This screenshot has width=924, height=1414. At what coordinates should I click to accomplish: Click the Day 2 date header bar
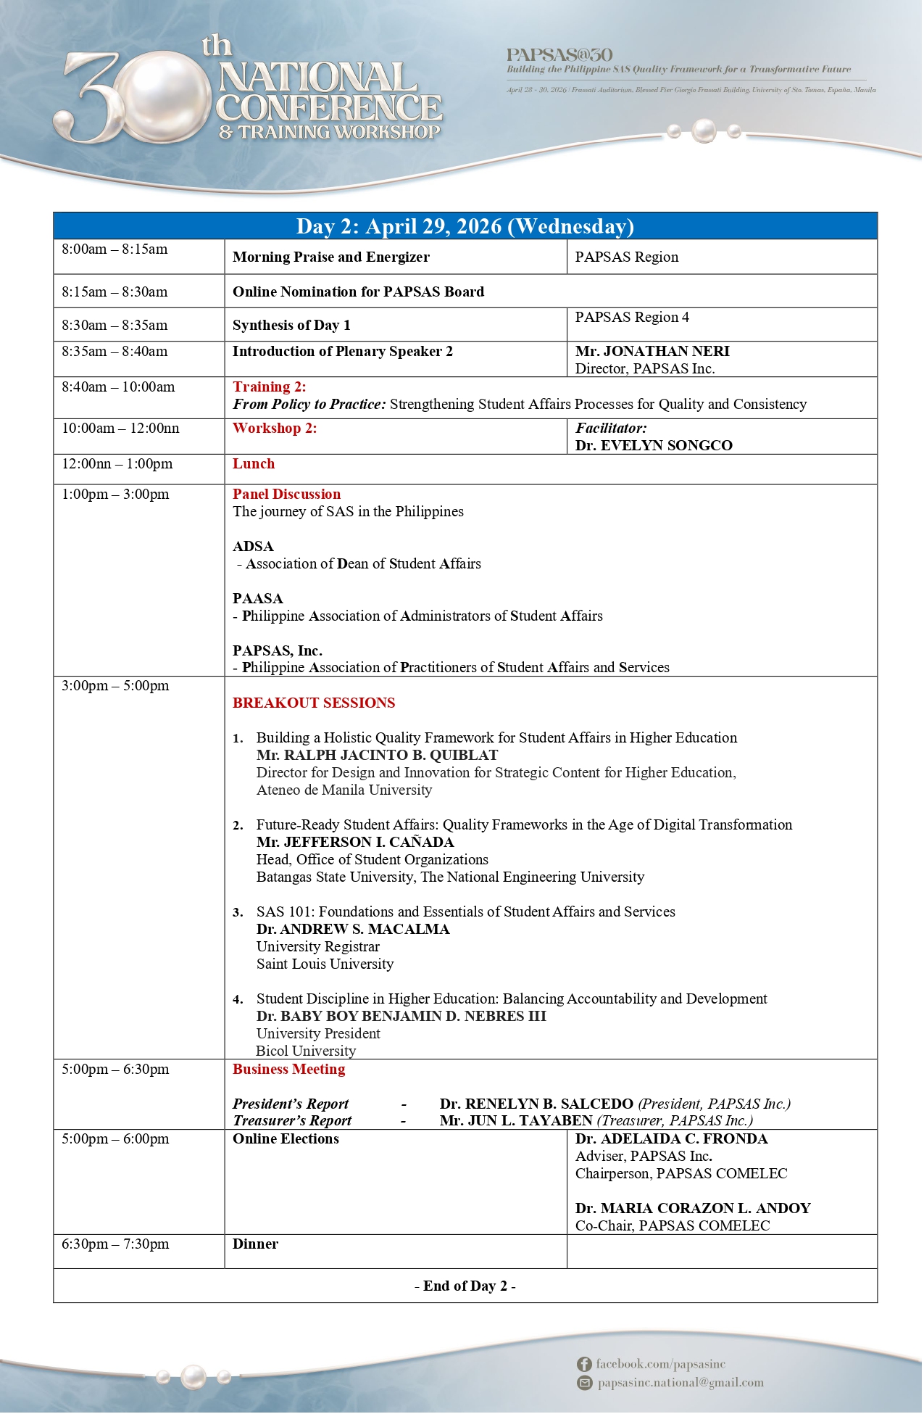pos(465,227)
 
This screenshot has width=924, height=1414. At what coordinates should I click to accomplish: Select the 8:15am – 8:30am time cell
pos(115,292)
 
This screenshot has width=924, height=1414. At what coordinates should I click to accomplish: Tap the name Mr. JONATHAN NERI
pos(652,352)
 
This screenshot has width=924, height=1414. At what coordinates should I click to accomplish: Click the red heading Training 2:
pos(269,387)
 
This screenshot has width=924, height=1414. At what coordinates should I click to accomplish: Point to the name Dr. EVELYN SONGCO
pos(654,446)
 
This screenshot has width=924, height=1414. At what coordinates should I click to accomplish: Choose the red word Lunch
pos(254,464)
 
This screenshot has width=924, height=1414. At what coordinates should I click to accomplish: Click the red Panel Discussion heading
pos(286,495)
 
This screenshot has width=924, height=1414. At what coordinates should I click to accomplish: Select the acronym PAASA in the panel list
pos(257,599)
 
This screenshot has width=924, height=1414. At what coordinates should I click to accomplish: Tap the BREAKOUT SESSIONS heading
pos(314,703)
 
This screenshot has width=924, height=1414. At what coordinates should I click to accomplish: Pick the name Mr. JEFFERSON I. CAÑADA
pos(355,843)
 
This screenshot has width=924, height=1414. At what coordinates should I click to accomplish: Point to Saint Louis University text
pos(325,964)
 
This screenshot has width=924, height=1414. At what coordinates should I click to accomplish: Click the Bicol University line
pos(306,1051)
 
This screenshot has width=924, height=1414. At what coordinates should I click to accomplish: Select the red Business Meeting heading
pos(288,1070)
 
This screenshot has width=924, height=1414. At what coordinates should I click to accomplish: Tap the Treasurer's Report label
pos(292,1121)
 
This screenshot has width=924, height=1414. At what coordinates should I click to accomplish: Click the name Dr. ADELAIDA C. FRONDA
pos(671,1139)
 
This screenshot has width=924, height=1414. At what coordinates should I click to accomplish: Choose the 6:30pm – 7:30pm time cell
pos(115,1244)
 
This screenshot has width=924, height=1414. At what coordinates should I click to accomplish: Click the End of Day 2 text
pos(465,1286)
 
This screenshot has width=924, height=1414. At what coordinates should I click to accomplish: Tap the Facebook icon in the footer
pos(584,1365)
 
